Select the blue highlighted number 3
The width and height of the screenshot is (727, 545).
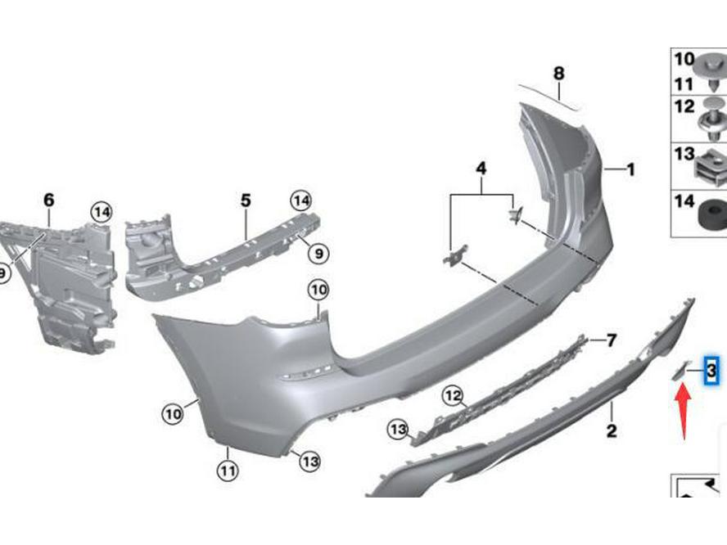click(x=712, y=372)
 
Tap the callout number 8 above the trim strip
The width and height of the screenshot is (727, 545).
click(x=558, y=73)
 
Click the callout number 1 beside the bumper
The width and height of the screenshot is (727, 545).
click(x=630, y=170)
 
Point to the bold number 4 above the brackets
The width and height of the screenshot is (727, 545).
click(x=481, y=169)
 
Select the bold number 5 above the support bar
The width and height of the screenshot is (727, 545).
click(x=246, y=199)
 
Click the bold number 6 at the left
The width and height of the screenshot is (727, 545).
click(x=48, y=200)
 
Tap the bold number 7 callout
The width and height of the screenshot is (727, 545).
click(x=611, y=340)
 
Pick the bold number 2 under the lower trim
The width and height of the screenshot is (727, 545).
click(x=611, y=430)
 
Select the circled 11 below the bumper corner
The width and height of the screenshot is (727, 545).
click(x=227, y=471)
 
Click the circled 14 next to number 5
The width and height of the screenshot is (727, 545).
click(x=301, y=200)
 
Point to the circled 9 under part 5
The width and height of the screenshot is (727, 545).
click(x=318, y=254)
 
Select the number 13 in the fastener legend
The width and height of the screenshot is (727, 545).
click(x=684, y=154)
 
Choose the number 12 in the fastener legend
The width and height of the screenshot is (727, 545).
click(x=684, y=106)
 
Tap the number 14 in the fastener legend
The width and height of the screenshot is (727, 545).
click(x=684, y=200)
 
